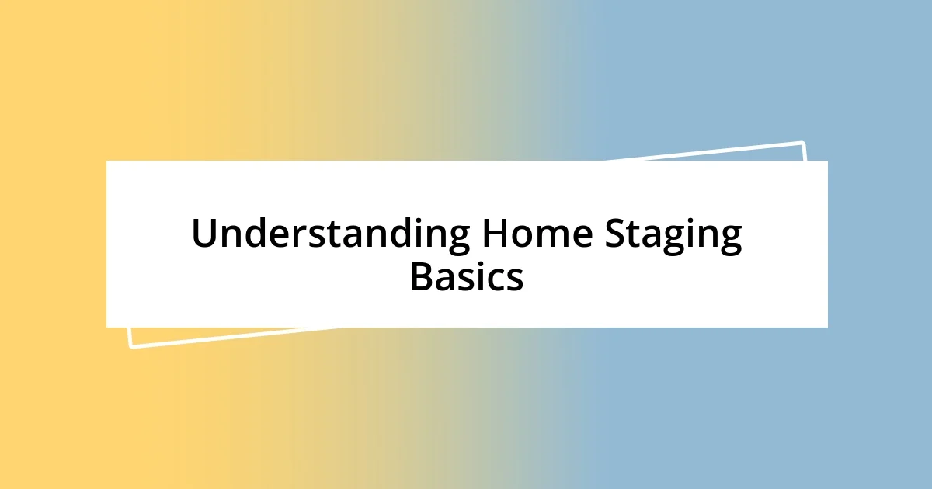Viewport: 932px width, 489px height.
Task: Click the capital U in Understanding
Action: pos(203,234)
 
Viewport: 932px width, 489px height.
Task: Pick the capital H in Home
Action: pos(493,234)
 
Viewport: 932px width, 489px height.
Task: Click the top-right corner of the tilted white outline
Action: pos(802,143)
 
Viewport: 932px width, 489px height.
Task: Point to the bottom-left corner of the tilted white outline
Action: pos(130,346)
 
